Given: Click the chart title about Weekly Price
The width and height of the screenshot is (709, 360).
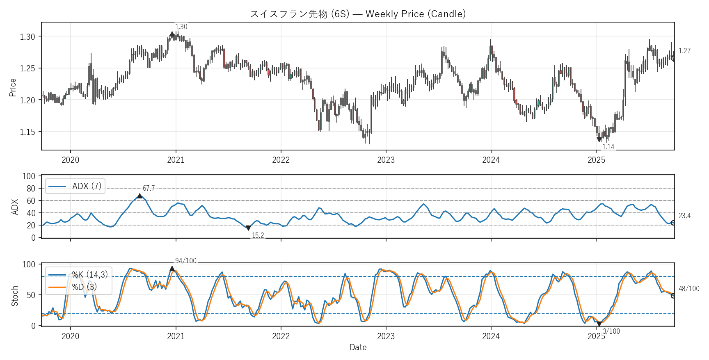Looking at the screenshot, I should [358, 14].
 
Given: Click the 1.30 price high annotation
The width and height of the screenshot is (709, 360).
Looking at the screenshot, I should [181, 27].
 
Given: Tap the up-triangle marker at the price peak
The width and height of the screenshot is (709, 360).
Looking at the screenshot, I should [172, 34].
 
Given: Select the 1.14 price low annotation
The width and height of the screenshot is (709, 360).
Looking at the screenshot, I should [608, 147].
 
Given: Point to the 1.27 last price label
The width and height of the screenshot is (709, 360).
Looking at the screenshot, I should [684, 51].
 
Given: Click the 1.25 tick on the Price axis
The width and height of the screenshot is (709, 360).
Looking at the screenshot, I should [27, 68].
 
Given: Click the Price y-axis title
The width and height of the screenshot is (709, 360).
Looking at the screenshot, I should [13, 87].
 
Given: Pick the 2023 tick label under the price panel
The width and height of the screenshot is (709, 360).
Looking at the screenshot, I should [386, 160].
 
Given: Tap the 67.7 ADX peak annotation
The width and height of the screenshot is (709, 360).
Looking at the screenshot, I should [149, 188].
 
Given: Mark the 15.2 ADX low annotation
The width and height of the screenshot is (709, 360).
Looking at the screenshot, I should [258, 235].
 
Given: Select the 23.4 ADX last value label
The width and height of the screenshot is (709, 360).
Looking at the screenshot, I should [684, 216].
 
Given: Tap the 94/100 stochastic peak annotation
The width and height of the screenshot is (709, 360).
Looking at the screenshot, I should [185, 261].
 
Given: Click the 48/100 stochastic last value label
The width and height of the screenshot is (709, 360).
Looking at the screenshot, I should [689, 289].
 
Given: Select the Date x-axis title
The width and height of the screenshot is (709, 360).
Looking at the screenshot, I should [358, 347].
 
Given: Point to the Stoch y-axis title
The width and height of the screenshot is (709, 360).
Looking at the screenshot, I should [15, 296].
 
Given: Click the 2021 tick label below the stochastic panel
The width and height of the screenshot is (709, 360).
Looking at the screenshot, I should [176, 337].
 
